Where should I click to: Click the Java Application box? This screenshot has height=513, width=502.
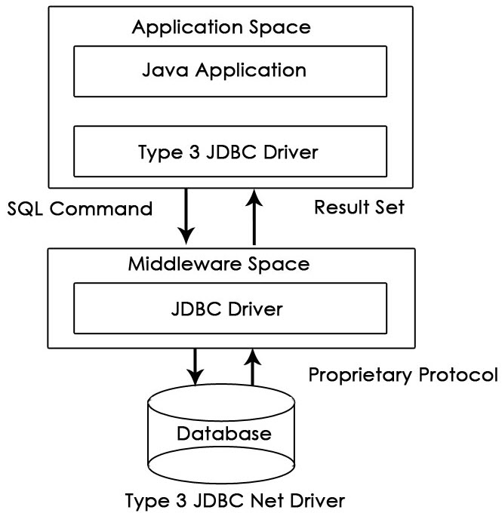click(x=229, y=72)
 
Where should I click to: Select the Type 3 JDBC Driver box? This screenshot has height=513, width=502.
click(x=229, y=152)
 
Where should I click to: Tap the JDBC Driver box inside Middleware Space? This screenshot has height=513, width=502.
click(x=229, y=309)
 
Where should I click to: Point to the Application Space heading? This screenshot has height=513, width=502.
click(x=221, y=28)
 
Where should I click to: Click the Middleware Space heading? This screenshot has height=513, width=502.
click(x=218, y=264)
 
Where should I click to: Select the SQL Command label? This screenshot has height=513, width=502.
click(x=80, y=208)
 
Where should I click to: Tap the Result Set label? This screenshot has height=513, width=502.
click(x=359, y=207)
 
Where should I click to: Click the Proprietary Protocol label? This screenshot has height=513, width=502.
click(x=404, y=375)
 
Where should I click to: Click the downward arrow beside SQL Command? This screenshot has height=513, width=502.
click(x=186, y=216)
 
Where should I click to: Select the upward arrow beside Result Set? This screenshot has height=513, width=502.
click(x=254, y=216)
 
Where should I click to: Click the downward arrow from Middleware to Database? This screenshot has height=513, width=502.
click(x=195, y=366)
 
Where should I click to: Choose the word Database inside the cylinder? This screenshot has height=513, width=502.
click(x=223, y=434)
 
